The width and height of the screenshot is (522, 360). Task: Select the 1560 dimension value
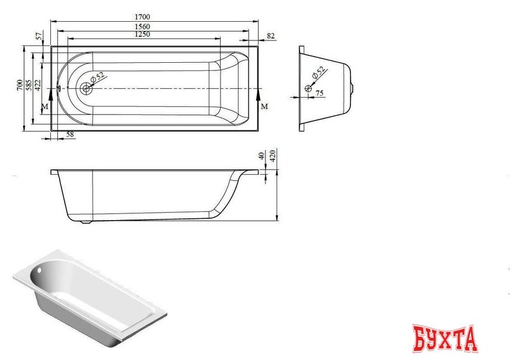coord(142,27)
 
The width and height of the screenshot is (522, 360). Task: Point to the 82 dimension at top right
coord(270,37)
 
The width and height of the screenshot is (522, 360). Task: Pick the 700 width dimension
coord(20,86)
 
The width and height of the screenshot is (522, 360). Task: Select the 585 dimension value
coord(29,86)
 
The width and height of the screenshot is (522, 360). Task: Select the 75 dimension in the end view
coord(320,93)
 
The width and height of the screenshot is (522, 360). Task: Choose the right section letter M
coord(265,107)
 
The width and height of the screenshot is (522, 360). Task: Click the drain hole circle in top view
coord(85,88)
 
